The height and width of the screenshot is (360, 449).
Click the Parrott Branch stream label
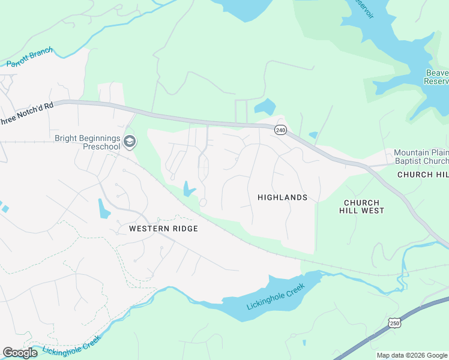[x=29, y=57]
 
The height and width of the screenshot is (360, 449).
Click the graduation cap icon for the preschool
[x=130, y=142]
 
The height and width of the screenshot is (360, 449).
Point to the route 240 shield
[x=280, y=130]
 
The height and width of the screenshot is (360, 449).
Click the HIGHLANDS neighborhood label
[x=282, y=197]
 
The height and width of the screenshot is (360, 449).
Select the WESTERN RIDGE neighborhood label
[x=163, y=229]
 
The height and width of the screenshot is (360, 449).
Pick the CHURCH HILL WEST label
[x=364, y=207]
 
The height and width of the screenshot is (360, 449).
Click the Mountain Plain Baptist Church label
[x=421, y=157]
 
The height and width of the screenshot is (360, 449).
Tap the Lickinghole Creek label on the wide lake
[x=276, y=296]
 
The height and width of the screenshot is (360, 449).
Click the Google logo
[x=20, y=353]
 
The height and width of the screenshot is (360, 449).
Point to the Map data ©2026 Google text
[x=412, y=355]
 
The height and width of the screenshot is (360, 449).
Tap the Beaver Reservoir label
[x=436, y=77]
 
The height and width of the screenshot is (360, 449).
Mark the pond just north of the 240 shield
[x=264, y=107]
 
